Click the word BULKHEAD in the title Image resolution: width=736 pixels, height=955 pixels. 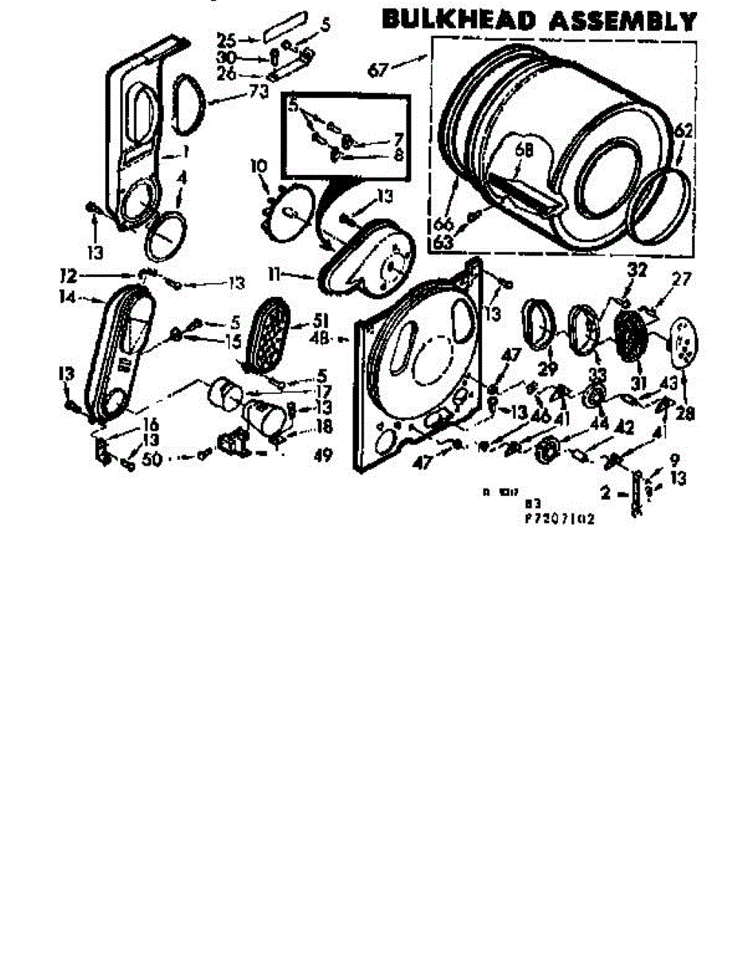click(456, 20)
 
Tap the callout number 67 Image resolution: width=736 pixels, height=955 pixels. click(380, 70)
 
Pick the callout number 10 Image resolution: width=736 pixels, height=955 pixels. click(257, 166)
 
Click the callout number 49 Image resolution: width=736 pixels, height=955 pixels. click(322, 456)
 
